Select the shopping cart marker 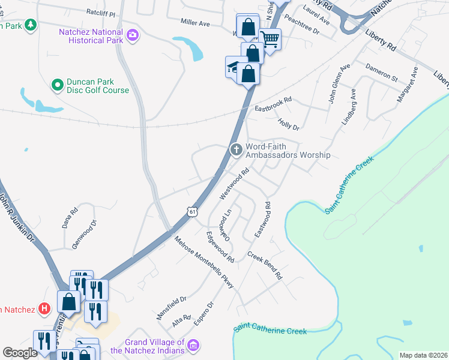[270, 40]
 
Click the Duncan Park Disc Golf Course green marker [57, 85]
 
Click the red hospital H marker [44, 309]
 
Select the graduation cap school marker [233, 67]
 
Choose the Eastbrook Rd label [273, 103]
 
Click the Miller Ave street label [195, 22]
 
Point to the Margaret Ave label [408, 85]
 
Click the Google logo [20, 352]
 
